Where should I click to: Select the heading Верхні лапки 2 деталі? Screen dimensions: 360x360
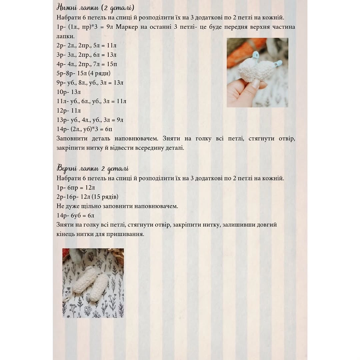click(x=93, y=168)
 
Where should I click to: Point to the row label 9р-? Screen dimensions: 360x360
click(x=61, y=82)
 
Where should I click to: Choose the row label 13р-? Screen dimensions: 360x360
click(x=63, y=120)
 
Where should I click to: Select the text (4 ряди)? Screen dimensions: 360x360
click(x=99, y=73)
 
